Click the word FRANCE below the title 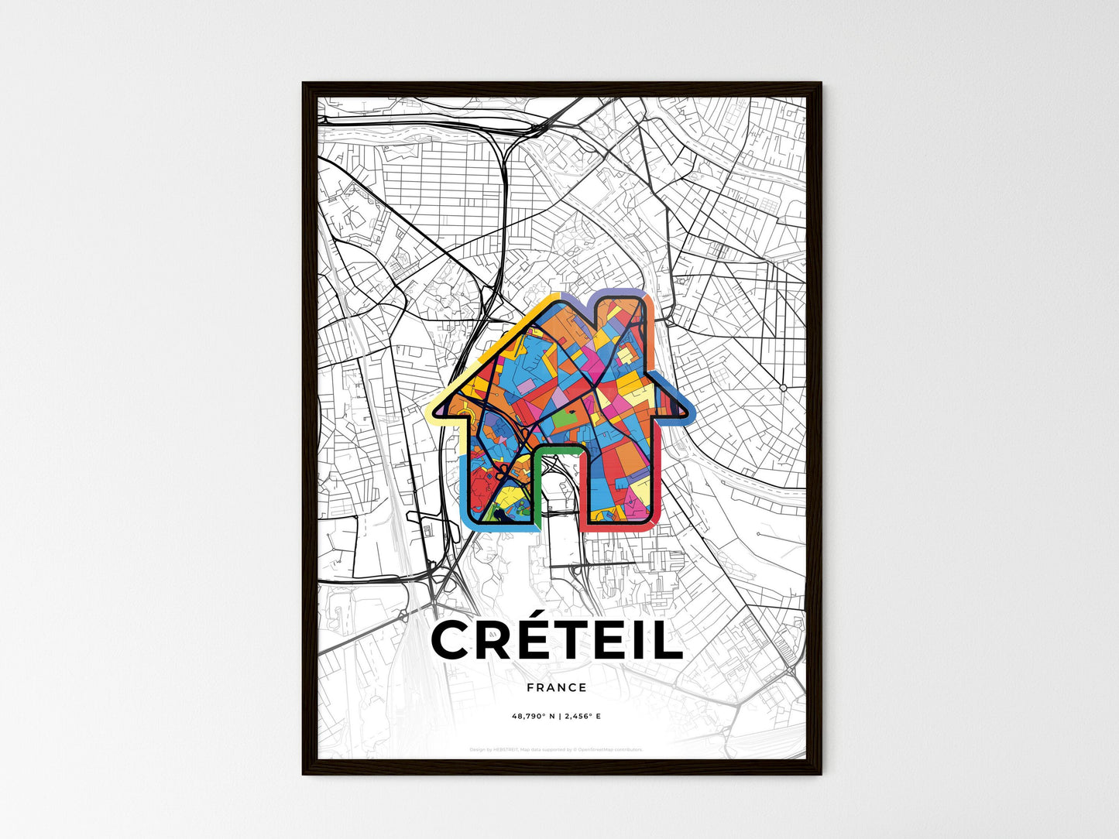click(556, 687)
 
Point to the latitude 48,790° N click(534, 717)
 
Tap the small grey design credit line click(556, 749)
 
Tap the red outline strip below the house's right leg click(620, 526)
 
